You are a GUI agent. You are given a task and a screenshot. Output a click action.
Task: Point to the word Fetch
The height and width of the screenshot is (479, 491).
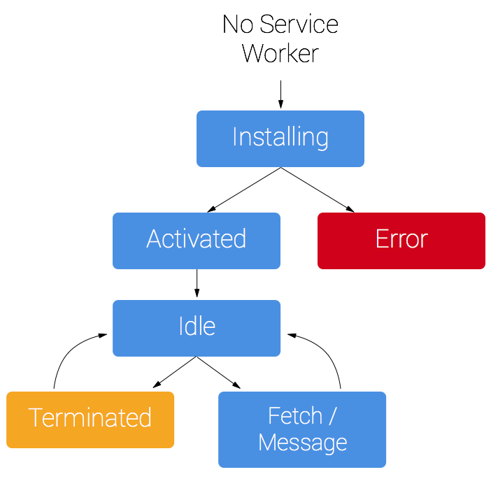point(294,416)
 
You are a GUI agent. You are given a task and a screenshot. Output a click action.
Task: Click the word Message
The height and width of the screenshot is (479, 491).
point(302,443)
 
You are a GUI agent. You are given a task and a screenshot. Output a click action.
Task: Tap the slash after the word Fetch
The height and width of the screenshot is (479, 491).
point(332,416)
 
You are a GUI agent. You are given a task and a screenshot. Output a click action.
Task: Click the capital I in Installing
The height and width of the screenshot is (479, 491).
point(235,137)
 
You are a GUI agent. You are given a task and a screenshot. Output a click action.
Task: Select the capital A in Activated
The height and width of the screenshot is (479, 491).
point(155,239)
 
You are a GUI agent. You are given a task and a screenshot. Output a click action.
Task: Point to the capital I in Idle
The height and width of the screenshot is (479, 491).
point(181,327)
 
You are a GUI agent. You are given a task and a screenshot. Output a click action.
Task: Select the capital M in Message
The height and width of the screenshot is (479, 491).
point(268,443)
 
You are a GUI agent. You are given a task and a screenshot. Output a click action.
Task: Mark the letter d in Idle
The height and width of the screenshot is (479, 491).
point(192,327)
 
